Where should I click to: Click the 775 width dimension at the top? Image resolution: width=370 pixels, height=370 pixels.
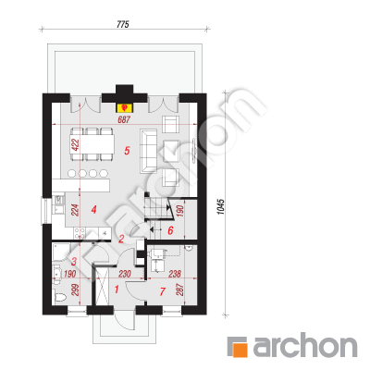pyautogui.click(x=122, y=24)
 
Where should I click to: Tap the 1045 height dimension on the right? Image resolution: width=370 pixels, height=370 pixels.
pyautogui.click(x=221, y=206)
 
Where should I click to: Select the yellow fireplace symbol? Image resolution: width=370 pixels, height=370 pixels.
pyautogui.click(x=124, y=107)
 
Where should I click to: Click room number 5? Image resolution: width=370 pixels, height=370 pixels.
pyautogui.click(x=127, y=151)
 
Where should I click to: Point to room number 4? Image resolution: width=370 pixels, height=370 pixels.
pyautogui.click(x=94, y=210)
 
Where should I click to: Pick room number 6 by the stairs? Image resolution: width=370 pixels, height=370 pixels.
pyautogui.click(x=170, y=230)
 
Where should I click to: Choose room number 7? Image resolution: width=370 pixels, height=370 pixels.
pyautogui.click(x=163, y=291)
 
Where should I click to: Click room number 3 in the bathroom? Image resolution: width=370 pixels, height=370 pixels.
pyautogui.click(x=74, y=262)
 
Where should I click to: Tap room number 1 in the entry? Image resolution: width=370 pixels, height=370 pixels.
pyautogui.click(x=117, y=290)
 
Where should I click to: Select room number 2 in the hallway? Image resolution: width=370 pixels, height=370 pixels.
pyautogui.click(x=121, y=239)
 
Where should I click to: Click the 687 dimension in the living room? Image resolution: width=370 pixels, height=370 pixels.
pyautogui.click(x=124, y=119)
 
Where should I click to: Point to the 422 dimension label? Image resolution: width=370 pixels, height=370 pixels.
pyautogui.click(x=76, y=145)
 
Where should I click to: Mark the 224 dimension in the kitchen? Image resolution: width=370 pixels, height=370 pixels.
pyautogui.click(x=76, y=210)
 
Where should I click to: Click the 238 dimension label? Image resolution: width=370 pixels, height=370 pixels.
pyautogui.click(x=175, y=274)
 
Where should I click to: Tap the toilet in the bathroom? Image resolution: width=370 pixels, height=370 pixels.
pyautogui.click(x=59, y=297)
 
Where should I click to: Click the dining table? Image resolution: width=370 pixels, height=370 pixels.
pyautogui.click(x=92, y=144)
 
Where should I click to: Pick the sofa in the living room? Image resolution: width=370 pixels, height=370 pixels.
pyautogui.click(x=149, y=151)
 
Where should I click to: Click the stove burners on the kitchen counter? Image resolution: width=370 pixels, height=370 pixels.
pyautogui.click(x=80, y=233)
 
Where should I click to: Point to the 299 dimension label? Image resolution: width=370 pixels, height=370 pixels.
pyautogui.click(x=76, y=290)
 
